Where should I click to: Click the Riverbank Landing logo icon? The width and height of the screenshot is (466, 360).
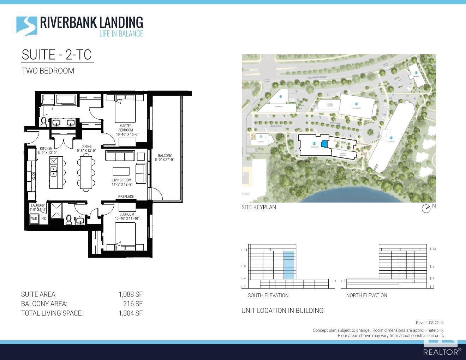(x=26, y=26)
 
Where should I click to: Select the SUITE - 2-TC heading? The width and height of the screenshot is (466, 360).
(x=56, y=55)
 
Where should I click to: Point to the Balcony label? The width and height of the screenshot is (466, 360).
(x=165, y=157)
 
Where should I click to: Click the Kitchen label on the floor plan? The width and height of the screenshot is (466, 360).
(x=46, y=150)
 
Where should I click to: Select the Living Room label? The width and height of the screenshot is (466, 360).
(x=122, y=182)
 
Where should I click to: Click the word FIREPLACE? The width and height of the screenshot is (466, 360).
(x=126, y=197)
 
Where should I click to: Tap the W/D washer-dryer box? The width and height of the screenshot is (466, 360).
(x=34, y=218)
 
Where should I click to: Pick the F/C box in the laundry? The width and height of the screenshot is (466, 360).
(x=43, y=218)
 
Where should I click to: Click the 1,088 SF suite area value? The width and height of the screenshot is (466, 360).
(x=130, y=294)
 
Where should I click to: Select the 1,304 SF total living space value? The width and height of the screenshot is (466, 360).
(x=130, y=313)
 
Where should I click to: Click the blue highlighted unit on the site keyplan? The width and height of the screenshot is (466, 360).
(x=324, y=144)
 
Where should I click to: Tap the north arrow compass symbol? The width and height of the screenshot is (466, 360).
(x=426, y=209)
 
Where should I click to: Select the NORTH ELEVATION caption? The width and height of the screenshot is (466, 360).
(x=366, y=295)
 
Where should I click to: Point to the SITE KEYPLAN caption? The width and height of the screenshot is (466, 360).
(x=259, y=207)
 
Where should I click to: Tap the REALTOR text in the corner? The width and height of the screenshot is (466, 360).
(x=442, y=352)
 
